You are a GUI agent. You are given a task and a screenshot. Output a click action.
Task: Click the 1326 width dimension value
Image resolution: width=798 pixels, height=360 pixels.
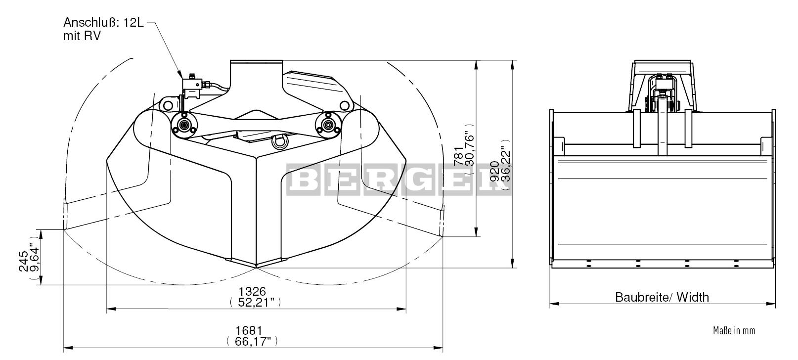[x=252, y=291]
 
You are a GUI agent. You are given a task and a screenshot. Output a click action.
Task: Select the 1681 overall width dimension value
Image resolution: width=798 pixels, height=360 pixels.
[x=249, y=330]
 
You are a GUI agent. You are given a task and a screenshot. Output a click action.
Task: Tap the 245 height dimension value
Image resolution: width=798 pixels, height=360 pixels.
[x=24, y=261]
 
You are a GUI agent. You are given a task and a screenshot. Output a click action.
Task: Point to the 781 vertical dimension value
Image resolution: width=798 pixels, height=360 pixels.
[x=459, y=155]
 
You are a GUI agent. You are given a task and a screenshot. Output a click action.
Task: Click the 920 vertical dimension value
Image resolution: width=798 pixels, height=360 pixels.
[x=494, y=172]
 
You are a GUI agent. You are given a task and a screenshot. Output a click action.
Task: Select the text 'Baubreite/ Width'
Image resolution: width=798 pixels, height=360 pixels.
[x=662, y=297]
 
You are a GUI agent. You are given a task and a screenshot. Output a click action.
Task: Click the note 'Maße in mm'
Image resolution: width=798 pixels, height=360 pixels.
[x=734, y=330]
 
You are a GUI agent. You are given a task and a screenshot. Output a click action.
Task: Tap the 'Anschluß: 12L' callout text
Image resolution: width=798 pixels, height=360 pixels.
[x=103, y=22]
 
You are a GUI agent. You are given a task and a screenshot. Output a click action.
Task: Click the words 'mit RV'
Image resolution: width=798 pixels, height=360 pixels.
[x=82, y=36]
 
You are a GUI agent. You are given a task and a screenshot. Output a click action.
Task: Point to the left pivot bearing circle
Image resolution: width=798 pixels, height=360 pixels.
[x=184, y=125]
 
